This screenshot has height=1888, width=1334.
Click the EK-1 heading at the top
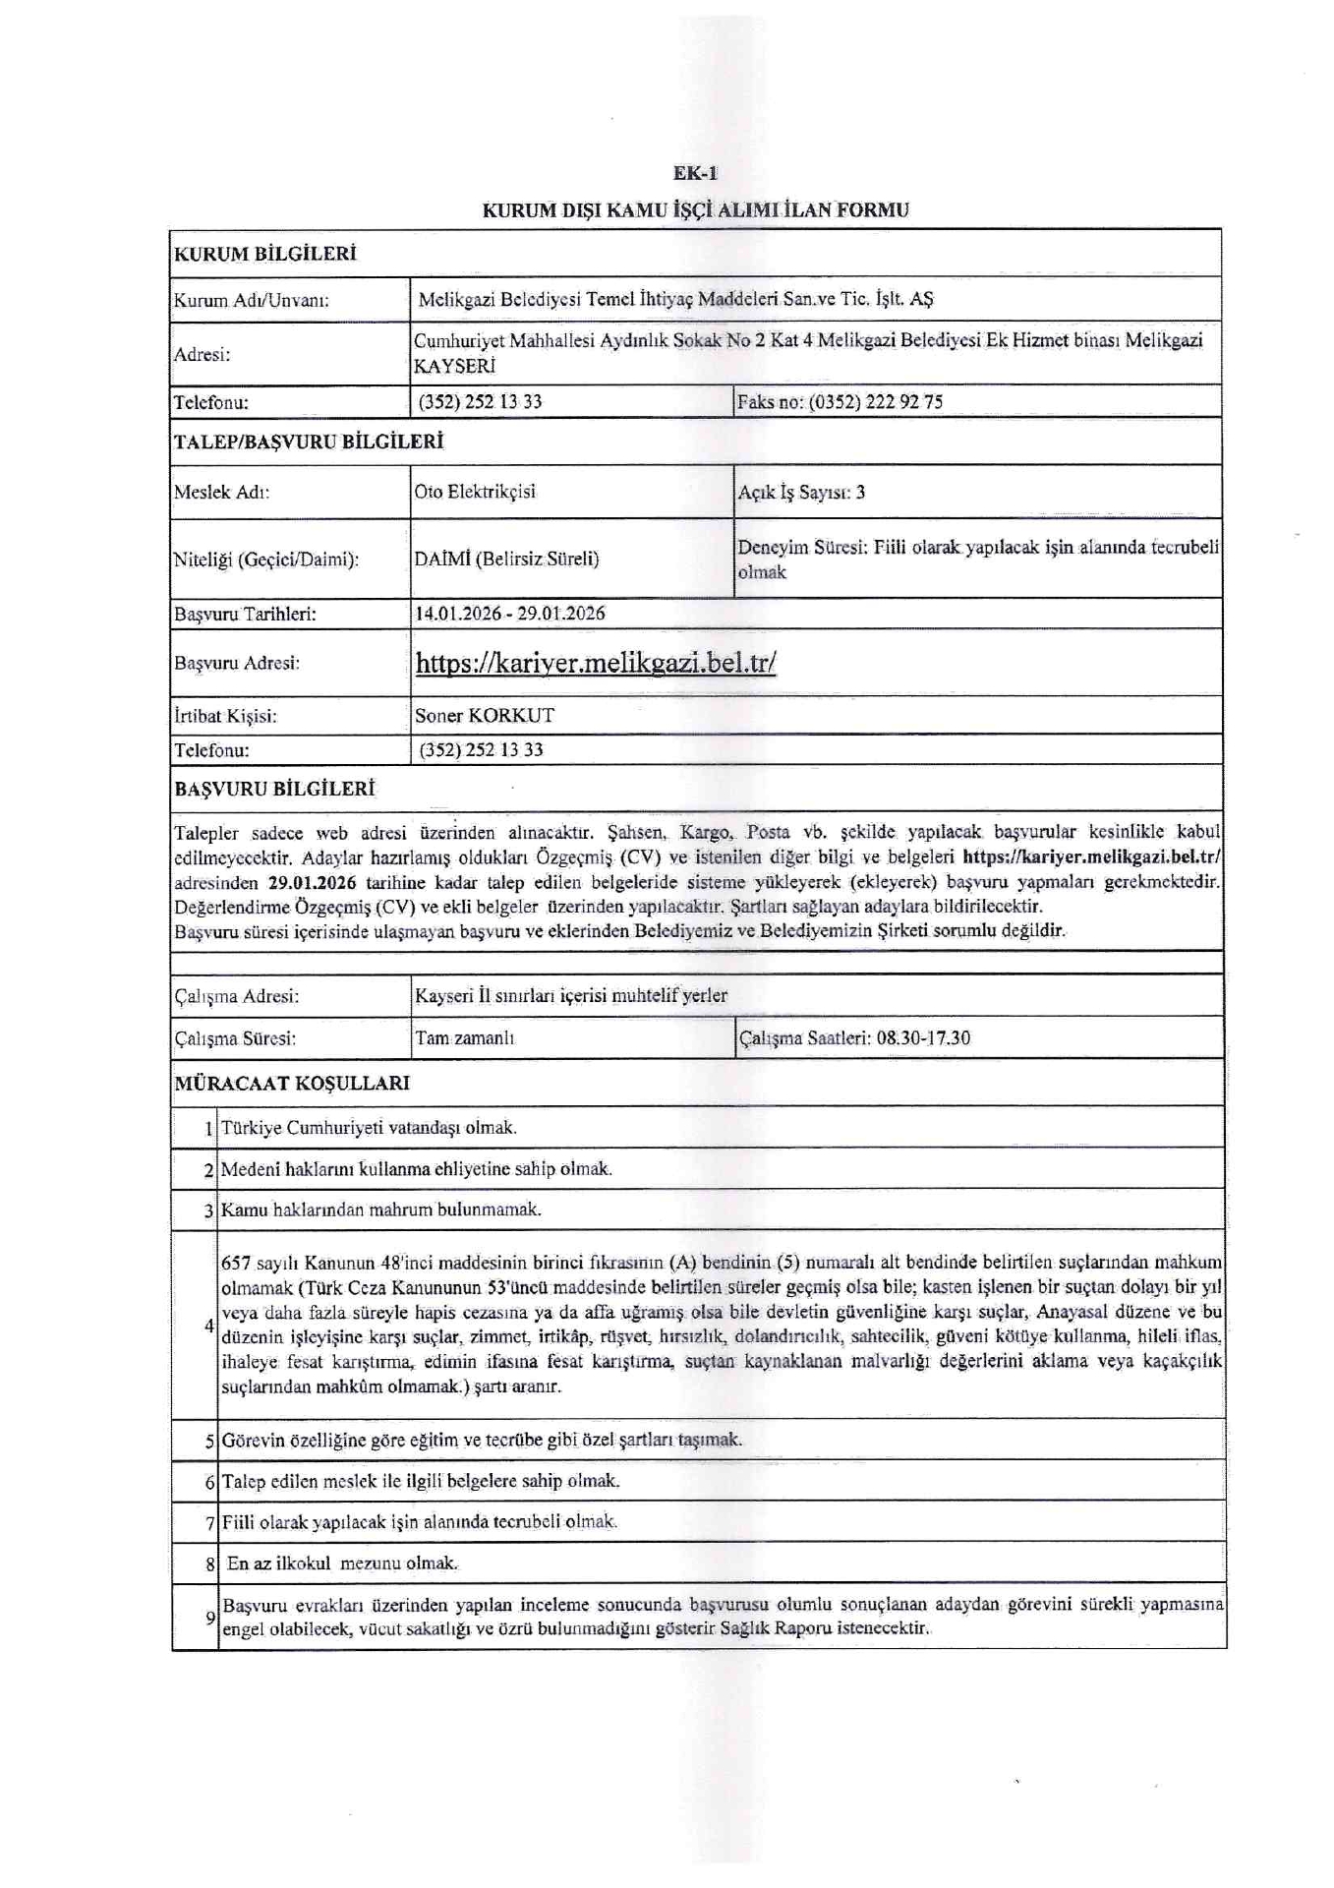point(695,173)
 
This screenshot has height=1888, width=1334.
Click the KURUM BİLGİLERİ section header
point(265,254)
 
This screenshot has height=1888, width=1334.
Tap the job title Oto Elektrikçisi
point(475,492)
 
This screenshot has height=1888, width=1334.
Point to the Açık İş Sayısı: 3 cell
point(801,493)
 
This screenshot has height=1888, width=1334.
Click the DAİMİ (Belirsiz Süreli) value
point(506,559)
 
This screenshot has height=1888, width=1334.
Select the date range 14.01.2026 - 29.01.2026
point(510,614)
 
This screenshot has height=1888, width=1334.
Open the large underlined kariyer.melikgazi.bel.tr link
point(596,663)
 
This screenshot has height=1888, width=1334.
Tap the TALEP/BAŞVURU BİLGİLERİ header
point(309,442)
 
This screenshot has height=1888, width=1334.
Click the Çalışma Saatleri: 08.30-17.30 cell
point(854,1038)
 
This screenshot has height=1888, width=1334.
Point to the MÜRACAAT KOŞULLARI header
point(292,1084)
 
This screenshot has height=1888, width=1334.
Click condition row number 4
point(208,1326)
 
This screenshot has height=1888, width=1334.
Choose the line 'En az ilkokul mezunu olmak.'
point(342,1563)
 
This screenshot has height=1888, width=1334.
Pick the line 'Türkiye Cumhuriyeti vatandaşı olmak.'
point(369,1128)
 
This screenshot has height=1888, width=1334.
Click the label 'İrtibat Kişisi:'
point(225,716)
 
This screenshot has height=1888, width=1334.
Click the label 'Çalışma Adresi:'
point(237,996)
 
